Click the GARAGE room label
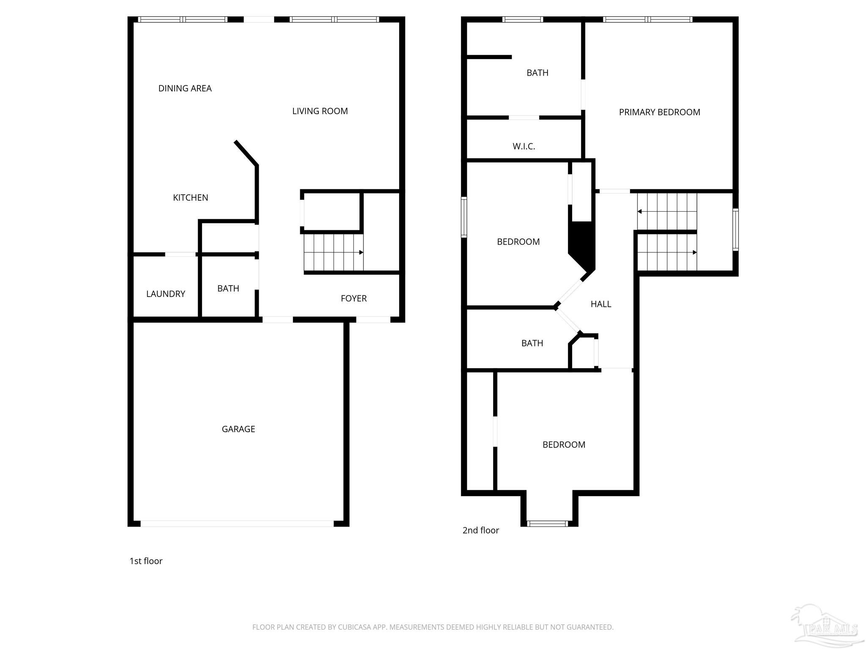238,429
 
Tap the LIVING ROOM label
320,111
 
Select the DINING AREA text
185,88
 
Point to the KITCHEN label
190,197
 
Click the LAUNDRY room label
165,294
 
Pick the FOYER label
354,298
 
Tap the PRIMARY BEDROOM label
659,112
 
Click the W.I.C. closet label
523,146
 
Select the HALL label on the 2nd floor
600,304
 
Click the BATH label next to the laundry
228,288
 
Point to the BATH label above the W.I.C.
537,73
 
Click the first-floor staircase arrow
361,252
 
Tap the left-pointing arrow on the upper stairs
640,211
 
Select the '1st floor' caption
146,561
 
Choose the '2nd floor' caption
480,530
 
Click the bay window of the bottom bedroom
547,524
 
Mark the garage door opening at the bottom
237,524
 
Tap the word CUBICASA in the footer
354,627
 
